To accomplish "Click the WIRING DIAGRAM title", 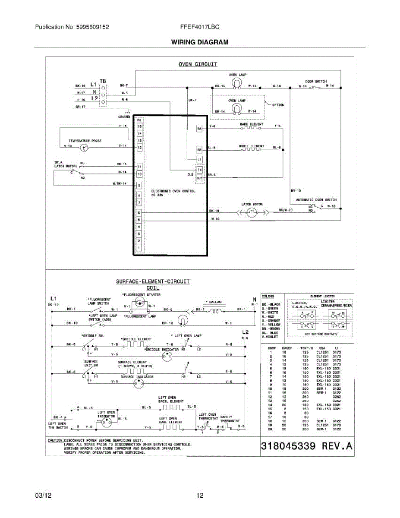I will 199,42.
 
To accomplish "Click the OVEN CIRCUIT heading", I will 198,64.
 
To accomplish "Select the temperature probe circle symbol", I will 85,148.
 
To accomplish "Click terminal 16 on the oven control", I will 139,127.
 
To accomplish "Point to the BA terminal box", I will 199,129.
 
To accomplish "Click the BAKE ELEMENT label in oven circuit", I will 251,124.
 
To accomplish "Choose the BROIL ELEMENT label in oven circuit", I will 251,146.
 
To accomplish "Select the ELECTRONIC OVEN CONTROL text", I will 173,191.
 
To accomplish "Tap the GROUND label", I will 124,117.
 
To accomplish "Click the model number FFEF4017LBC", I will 200,27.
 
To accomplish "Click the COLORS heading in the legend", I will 268,297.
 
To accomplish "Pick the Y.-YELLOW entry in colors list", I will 271,325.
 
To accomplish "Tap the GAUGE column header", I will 287,348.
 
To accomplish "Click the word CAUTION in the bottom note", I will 56,441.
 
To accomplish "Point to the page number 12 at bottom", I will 200,496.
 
